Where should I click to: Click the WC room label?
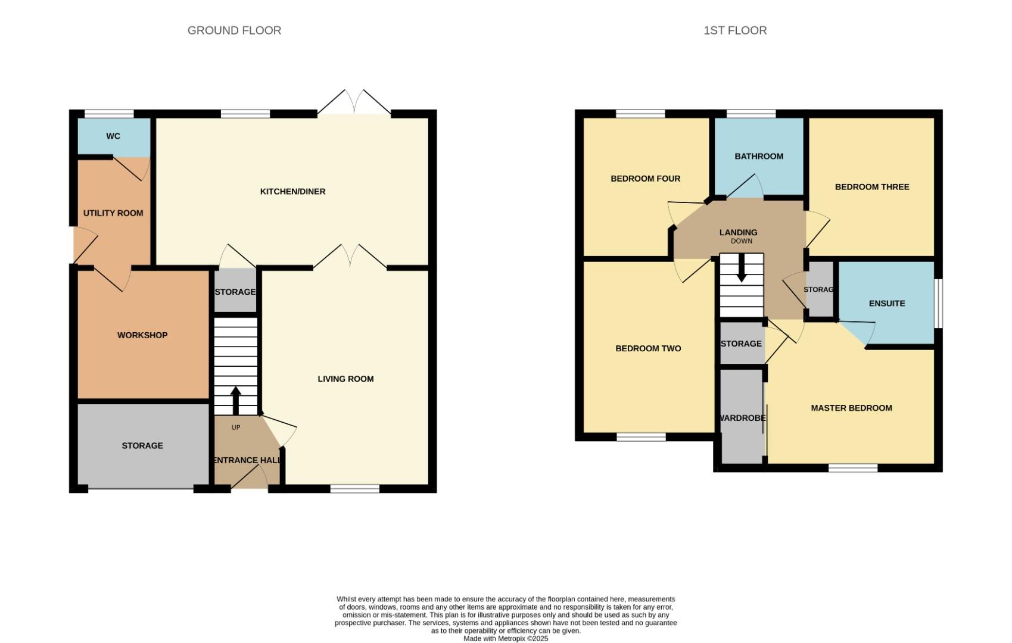coord(113,136)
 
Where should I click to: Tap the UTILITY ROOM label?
coord(113,213)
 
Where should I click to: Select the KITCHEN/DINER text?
coord(292,192)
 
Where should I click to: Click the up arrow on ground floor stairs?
coord(235,400)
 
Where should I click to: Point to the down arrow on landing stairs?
coord(741,269)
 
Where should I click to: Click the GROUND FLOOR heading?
coord(234,30)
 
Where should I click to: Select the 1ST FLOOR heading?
coord(735,30)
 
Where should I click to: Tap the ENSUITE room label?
coord(886,304)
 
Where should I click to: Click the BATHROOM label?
coord(758,157)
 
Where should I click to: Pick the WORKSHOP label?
coord(142,335)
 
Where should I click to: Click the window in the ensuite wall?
coord(938,303)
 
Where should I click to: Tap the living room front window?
coord(354,489)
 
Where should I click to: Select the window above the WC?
coord(109,114)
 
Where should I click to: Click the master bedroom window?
coord(852,469)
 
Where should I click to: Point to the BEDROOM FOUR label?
coord(645,179)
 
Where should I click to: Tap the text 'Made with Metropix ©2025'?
coord(506,638)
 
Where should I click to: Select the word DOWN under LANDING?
coord(741,241)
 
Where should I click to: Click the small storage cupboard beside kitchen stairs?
coord(235,292)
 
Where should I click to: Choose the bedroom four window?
coord(640,114)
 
